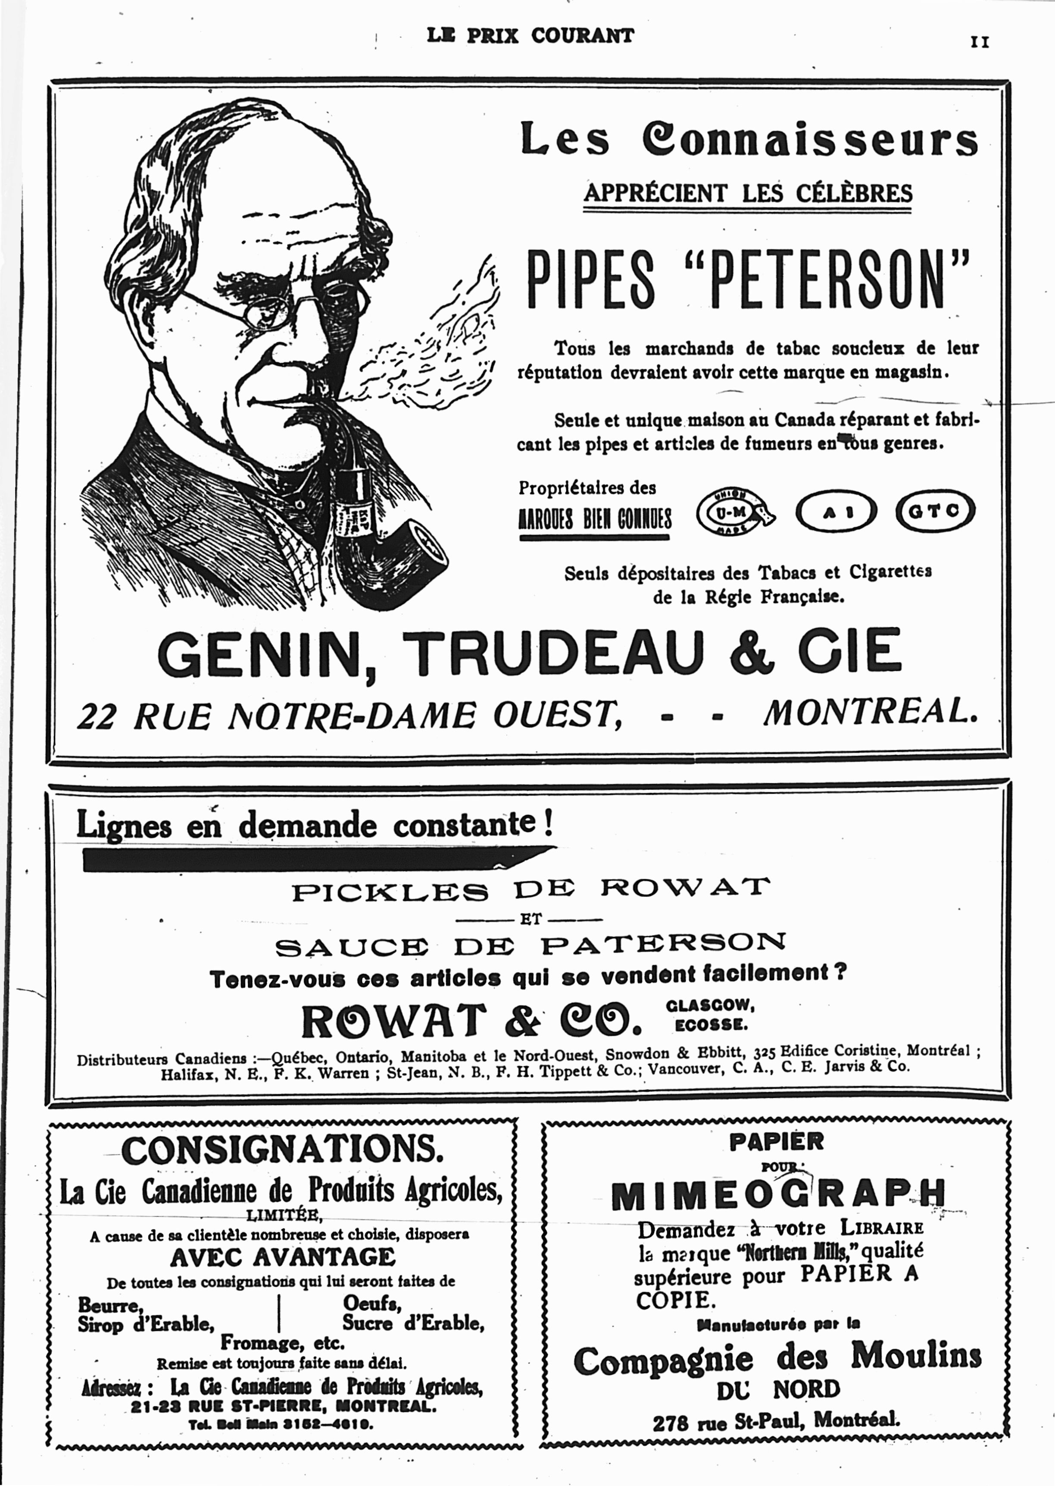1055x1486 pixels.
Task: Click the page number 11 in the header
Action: pos(980,42)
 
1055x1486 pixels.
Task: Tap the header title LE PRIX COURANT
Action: pos(530,36)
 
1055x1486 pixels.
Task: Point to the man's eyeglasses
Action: pos(273,311)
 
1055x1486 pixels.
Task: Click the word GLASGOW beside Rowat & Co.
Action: pos(709,1005)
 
